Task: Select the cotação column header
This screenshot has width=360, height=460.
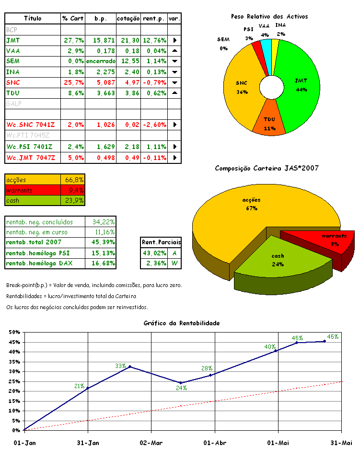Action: click(x=128, y=19)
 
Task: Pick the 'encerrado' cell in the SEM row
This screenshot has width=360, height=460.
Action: click(x=100, y=61)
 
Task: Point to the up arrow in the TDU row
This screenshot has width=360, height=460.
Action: click(x=174, y=93)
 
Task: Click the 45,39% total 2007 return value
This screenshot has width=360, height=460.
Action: click(x=102, y=242)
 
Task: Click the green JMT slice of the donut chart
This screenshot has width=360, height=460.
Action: click(x=297, y=86)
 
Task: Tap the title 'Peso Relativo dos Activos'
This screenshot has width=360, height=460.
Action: click(x=269, y=16)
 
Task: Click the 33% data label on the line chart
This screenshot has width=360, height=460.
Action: click(x=120, y=366)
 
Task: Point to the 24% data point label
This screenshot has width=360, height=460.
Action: click(x=181, y=389)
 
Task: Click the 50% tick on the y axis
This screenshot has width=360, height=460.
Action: click(x=14, y=332)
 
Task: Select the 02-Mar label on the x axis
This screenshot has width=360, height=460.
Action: click(x=151, y=443)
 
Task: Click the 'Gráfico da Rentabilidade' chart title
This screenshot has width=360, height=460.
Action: click(x=181, y=323)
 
